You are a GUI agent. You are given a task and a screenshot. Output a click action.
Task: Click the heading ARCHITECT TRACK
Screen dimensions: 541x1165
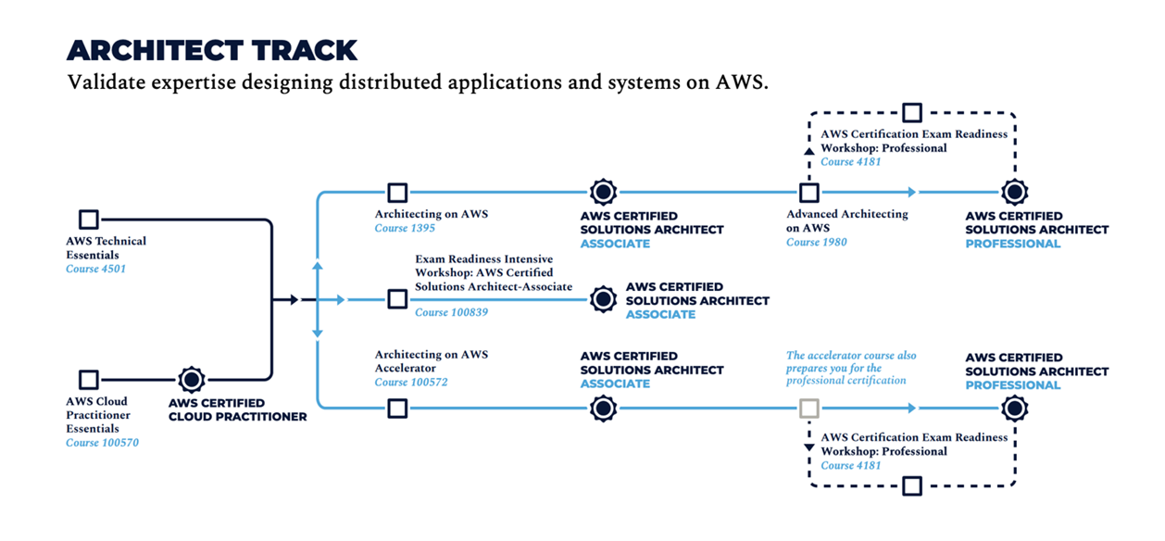click(212, 50)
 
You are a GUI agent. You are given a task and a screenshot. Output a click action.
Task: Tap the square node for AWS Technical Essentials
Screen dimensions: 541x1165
click(89, 220)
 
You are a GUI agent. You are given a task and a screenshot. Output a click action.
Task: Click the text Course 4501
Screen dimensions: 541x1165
click(95, 270)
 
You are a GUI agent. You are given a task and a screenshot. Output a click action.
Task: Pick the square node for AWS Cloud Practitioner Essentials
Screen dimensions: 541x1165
click(89, 380)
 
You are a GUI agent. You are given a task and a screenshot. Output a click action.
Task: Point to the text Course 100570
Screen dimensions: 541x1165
click(102, 443)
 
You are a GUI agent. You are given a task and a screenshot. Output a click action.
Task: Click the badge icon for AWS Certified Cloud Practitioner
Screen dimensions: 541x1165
click(192, 380)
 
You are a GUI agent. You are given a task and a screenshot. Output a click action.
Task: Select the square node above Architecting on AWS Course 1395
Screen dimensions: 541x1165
click(397, 193)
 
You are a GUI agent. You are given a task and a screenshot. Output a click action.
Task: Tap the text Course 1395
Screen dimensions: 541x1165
click(405, 228)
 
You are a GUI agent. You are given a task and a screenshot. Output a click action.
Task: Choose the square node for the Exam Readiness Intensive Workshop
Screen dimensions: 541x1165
click(397, 299)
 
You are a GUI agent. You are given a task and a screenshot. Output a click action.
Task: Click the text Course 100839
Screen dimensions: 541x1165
click(451, 312)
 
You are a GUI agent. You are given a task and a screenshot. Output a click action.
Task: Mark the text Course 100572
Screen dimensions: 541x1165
click(411, 383)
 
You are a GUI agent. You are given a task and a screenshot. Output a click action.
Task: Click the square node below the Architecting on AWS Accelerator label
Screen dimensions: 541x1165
click(397, 408)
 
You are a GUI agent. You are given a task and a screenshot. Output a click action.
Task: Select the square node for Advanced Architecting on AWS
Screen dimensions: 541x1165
click(809, 193)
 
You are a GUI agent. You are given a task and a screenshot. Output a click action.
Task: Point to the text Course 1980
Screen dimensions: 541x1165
click(816, 243)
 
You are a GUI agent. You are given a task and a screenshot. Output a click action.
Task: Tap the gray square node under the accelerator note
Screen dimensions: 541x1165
click(809, 408)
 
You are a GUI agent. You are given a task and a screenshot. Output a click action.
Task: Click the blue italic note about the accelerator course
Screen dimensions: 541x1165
click(851, 368)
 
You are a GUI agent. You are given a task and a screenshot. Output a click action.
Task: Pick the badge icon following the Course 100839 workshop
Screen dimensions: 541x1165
click(604, 299)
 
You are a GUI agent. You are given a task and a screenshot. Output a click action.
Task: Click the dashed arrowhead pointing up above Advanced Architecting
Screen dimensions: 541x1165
click(809, 150)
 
